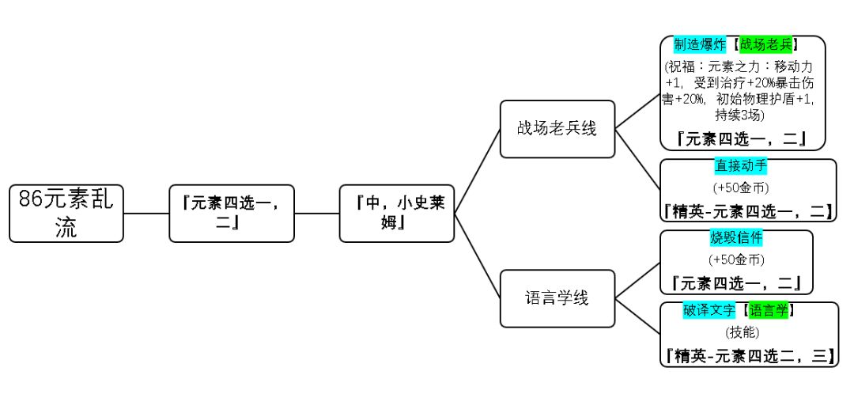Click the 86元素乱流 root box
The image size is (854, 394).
click(66, 213)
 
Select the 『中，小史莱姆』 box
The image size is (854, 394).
click(397, 213)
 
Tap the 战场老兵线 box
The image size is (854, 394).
click(557, 128)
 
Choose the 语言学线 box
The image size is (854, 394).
click(557, 298)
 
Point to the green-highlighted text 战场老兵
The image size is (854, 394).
click(769, 44)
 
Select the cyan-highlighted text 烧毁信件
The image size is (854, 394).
click(736, 237)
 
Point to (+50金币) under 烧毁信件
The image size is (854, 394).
click(736, 260)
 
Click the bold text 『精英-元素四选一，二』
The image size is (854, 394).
click(748, 211)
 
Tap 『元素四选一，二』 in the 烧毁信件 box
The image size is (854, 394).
click(736, 282)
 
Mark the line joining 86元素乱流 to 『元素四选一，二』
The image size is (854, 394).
click(146, 214)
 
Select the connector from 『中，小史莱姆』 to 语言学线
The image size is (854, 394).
click(477, 256)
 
